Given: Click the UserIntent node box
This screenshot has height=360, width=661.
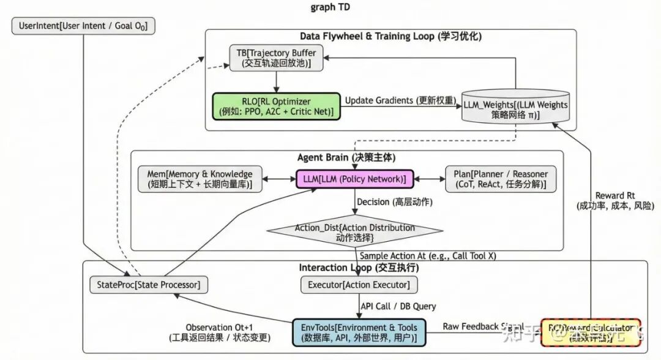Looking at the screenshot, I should pos(83,26).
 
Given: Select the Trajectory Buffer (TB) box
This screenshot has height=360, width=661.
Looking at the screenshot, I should pos(277,58).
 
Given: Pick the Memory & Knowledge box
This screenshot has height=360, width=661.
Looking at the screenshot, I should pos(200,179).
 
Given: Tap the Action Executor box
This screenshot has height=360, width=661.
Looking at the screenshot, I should pos(359,285).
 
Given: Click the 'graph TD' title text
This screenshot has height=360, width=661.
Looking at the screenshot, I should pos(331,7).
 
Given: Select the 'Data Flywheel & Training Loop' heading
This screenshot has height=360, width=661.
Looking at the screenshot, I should pos(390,37).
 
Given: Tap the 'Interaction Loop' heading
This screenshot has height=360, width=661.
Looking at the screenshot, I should pos(359,268).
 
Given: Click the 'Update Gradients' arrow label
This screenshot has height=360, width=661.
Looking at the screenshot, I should pos(400,100).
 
